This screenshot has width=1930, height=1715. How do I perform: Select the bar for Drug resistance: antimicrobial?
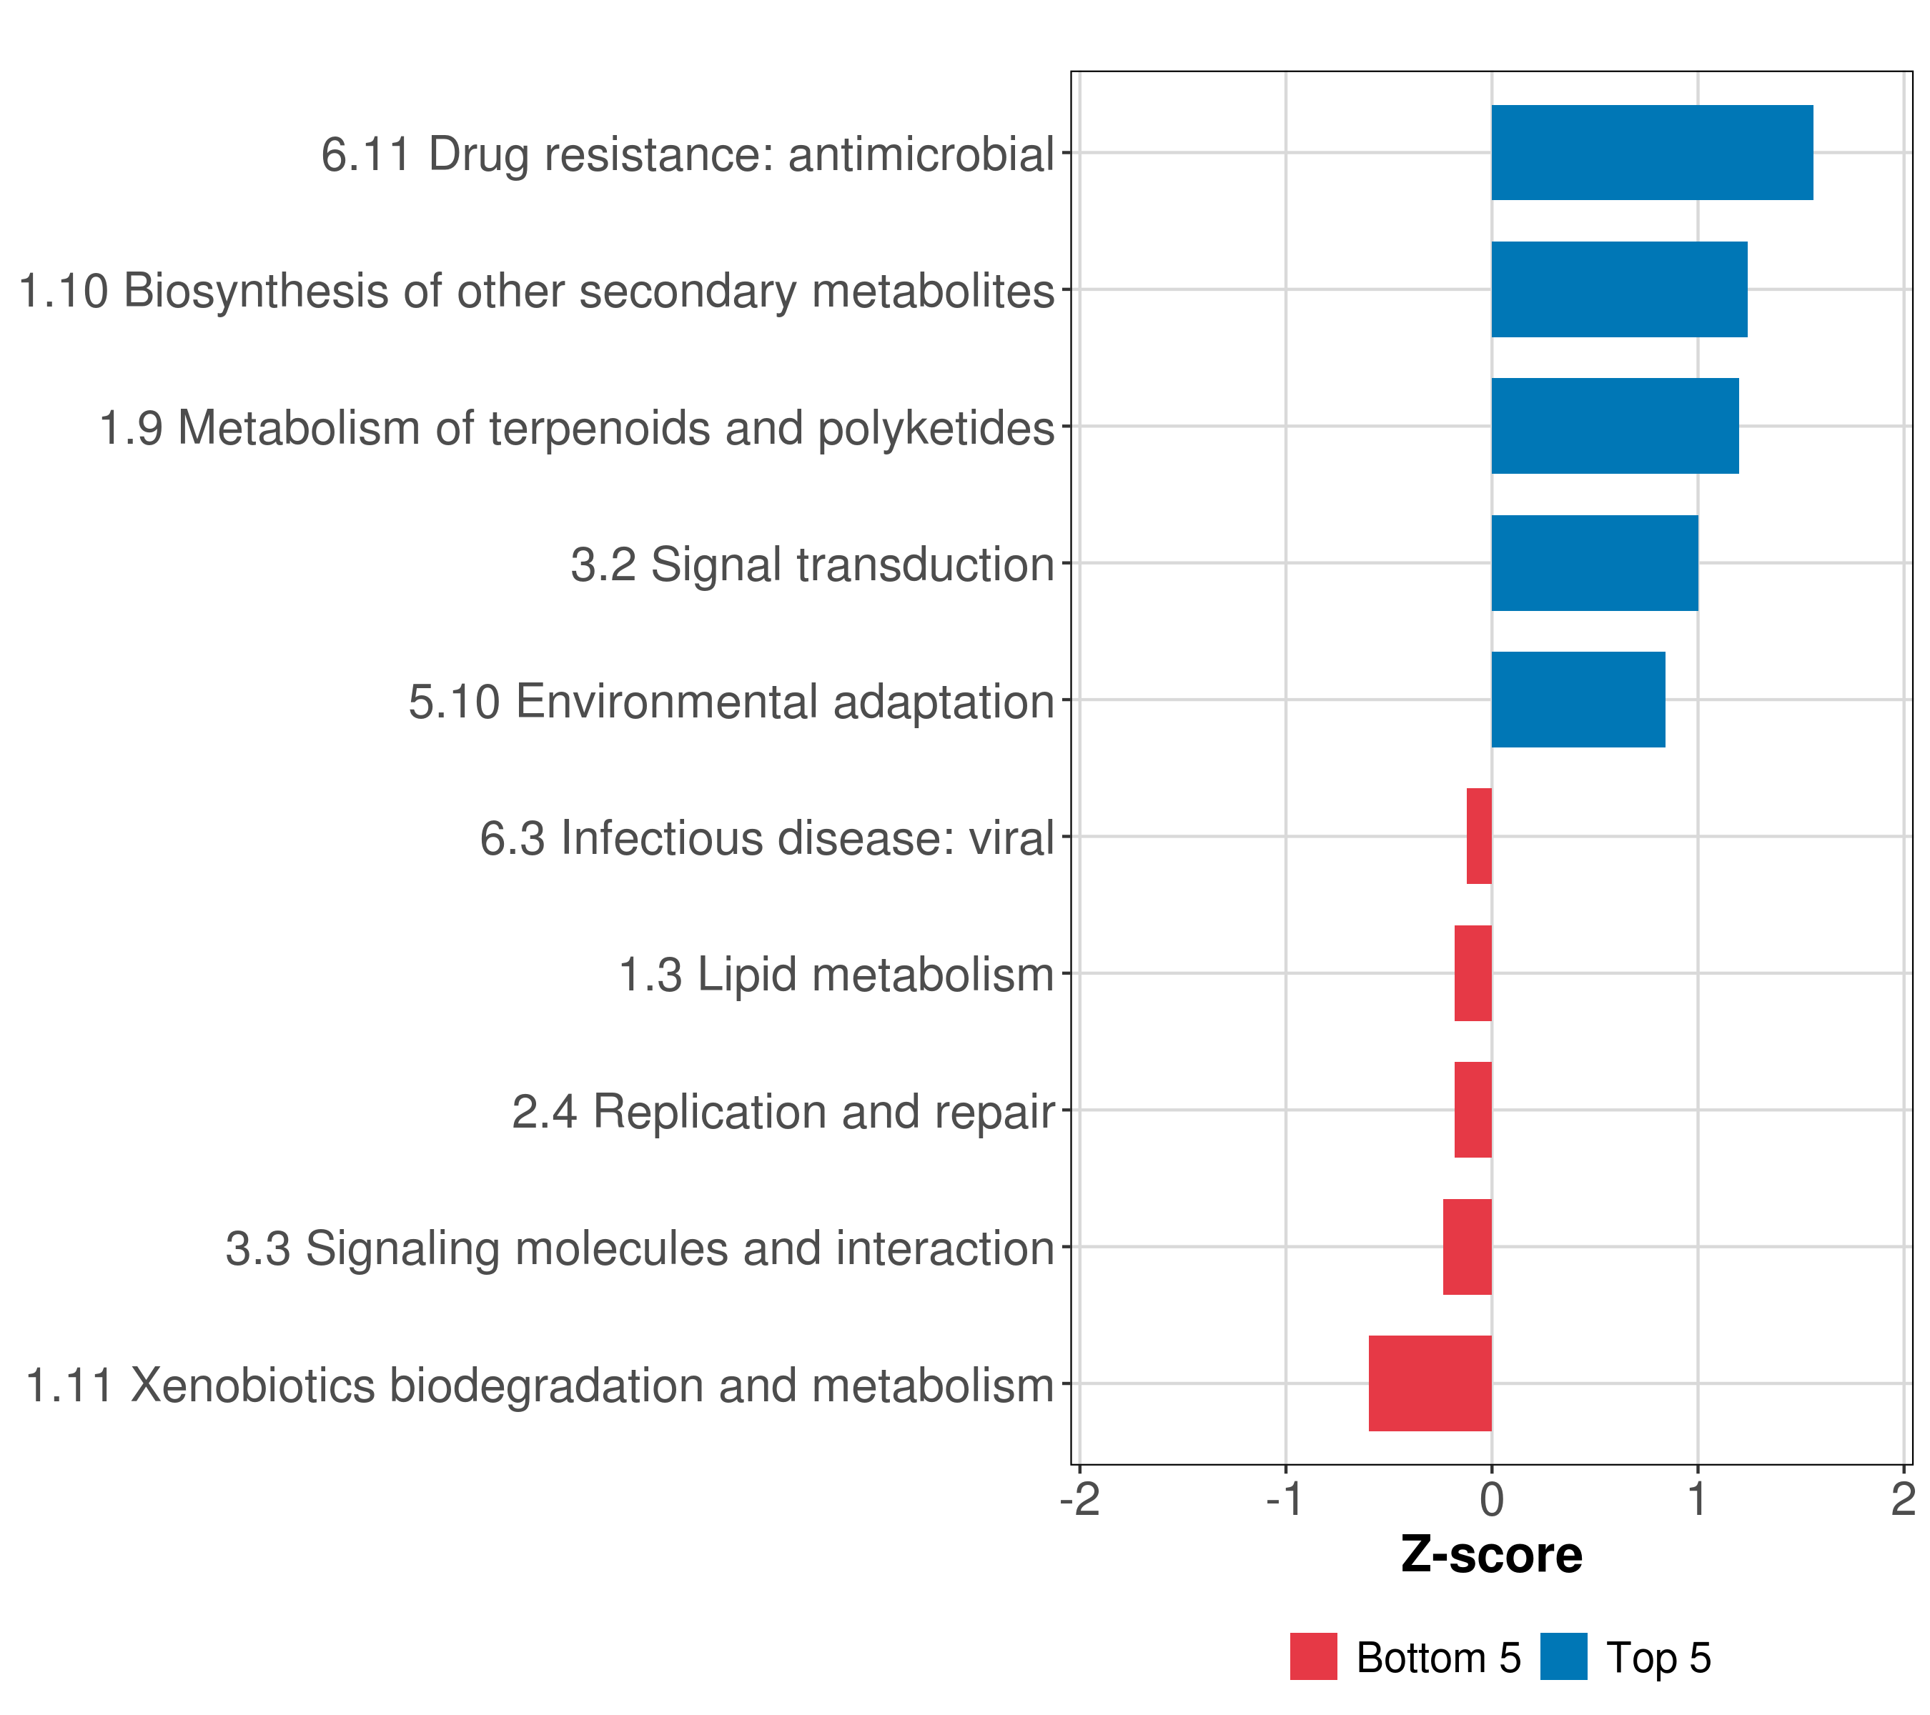(x=1651, y=153)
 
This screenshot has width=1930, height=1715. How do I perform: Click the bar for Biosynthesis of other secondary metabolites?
(x=1618, y=290)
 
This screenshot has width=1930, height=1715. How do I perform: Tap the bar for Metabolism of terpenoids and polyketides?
(x=1615, y=426)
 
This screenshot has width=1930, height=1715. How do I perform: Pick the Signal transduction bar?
(x=1594, y=564)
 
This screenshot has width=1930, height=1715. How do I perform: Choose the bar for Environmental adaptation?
(x=1578, y=700)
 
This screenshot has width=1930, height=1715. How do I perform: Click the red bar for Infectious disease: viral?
(x=1479, y=836)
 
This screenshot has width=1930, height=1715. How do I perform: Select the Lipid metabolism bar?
(x=1473, y=973)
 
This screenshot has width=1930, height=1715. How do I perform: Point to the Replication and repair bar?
(x=1473, y=1110)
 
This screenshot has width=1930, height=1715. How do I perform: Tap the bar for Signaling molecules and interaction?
(x=1468, y=1247)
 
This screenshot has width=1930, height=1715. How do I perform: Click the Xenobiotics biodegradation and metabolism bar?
(x=1430, y=1383)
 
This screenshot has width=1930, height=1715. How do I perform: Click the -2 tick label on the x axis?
(x=1079, y=1500)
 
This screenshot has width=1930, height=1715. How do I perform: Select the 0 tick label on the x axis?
(x=1492, y=1500)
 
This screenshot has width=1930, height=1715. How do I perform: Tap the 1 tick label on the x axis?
(x=1698, y=1500)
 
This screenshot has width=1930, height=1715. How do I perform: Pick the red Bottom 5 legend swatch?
(x=1313, y=1657)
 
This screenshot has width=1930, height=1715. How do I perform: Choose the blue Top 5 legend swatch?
(x=1563, y=1657)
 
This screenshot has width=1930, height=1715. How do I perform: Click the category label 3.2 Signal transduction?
(x=812, y=565)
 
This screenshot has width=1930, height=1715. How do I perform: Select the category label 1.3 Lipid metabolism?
(x=836, y=974)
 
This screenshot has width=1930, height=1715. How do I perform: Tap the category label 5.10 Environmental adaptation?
(x=731, y=701)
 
